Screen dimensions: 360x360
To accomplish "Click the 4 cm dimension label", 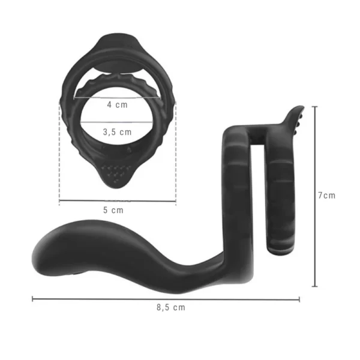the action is pos(117,104).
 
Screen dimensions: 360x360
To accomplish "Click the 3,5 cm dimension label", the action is pos(117,132).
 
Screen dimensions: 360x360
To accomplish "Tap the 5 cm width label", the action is pos(113,210).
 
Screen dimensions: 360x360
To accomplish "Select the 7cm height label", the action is pos(327,196).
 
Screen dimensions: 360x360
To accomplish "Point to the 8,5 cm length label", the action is pos(171,307).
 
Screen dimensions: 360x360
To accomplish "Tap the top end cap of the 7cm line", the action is pos(315,107).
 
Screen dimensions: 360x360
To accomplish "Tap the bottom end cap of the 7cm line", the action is pos(315,286).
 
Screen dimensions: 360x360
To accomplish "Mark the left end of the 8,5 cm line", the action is pos(32,299).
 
